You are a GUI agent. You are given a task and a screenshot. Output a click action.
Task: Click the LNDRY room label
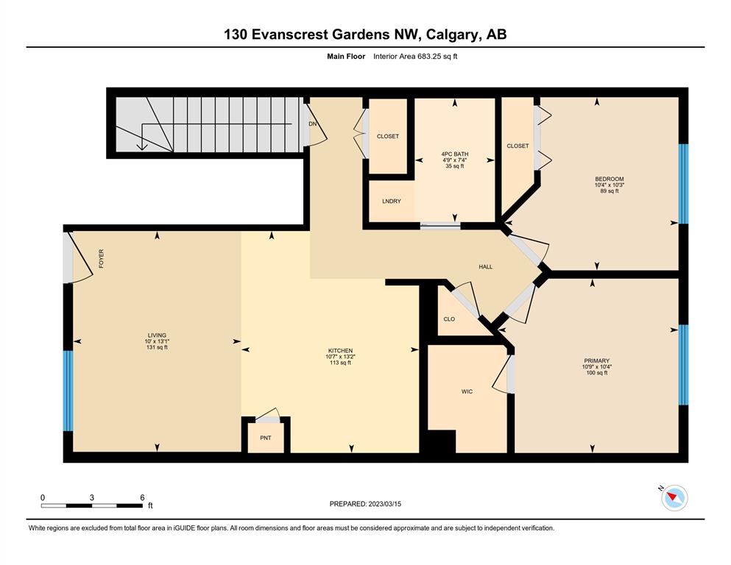(x=392, y=202)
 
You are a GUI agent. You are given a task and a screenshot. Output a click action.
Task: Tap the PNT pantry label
(x=266, y=438)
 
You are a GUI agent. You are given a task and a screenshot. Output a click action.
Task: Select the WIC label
(x=467, y=391)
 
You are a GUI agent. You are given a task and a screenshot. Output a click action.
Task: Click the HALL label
(x=486, y=267)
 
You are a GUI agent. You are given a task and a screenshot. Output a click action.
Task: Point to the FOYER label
(x=101, y=258)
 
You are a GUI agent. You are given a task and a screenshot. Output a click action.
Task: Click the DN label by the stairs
(x=313, y=124)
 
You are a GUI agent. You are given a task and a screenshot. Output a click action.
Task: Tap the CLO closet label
(x=449, y=319)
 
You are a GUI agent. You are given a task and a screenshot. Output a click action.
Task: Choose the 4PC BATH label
(x=455, y=154)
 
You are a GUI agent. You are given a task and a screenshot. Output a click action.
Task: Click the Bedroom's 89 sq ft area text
(x=610, y=191)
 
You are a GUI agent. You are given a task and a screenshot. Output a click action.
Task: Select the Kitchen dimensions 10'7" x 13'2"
(x=341, y=357)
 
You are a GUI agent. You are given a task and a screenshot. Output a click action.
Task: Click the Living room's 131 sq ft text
(x=157, y=347)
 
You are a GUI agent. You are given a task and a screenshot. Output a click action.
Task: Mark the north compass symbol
(x=674, y=498)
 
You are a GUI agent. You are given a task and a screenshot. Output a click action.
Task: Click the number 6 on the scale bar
(x=143, y=497)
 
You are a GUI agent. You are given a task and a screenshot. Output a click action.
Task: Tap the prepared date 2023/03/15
(x=385, y=504)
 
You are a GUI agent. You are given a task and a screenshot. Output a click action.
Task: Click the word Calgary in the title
(x=452, y=35)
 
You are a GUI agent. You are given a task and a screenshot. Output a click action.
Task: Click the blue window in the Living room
(x=68, y=391)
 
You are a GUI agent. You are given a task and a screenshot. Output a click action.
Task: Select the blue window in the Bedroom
(x=683, y=183)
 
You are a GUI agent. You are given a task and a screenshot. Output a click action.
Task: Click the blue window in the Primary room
(x=683, y=365)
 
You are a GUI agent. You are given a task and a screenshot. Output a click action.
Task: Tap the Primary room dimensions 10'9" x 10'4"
(x=597, y=367)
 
